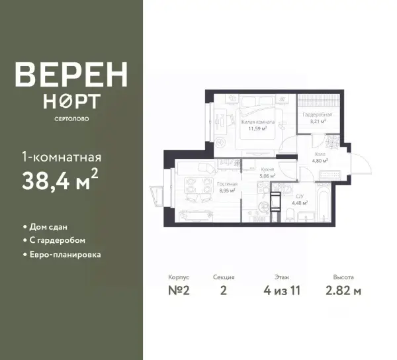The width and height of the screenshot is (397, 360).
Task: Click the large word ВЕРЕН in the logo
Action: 71,74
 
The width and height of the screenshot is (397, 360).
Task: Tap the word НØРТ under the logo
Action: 71,101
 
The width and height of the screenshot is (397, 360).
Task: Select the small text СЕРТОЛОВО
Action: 71,119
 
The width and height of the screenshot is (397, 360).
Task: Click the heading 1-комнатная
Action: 62,157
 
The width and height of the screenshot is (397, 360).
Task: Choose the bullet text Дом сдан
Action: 48,227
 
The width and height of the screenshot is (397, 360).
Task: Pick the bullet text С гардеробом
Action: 58,240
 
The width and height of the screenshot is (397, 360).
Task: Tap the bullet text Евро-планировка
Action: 66,254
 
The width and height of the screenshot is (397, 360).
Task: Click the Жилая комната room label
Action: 257,122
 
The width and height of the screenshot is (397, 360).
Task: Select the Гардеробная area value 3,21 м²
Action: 318,121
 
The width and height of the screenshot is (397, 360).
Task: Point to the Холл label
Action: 320,154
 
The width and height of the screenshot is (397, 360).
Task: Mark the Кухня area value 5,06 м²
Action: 268,175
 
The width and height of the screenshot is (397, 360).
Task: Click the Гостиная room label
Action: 228,184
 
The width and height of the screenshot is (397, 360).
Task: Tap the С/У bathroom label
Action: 300,196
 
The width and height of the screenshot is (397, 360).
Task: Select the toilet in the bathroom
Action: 290,215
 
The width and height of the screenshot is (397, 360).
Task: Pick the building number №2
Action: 179,291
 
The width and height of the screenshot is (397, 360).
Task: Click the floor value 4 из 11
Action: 282,291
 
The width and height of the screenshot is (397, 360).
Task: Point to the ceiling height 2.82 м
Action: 343,291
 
